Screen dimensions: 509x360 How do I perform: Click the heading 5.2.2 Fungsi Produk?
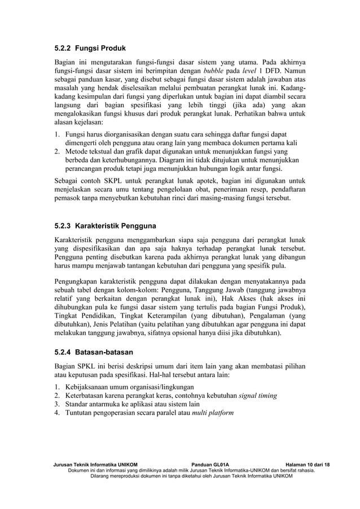click(90, 47)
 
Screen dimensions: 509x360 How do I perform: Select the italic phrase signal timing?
click(257, 396)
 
